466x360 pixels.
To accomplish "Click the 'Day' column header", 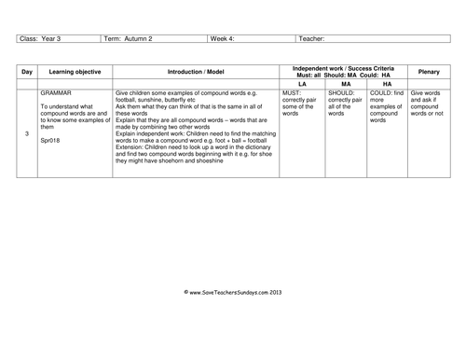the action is click(x=28, y=71).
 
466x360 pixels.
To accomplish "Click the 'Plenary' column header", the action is click(x=429, y=71).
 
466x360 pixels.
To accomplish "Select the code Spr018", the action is click(x=50, y=140).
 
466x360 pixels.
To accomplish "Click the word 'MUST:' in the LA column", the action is click(x=292, y=94).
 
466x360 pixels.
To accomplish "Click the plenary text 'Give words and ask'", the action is click(x=428, y=97).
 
